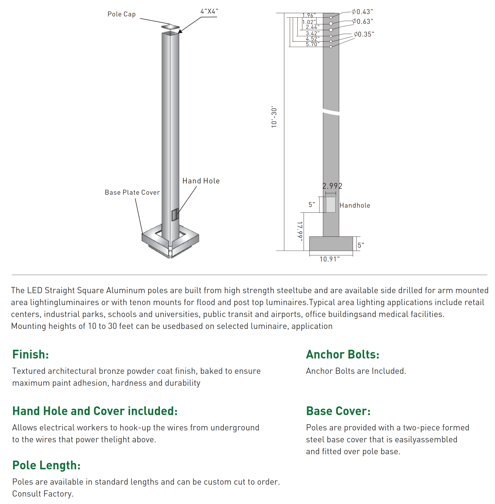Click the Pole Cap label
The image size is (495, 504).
pos(121,14)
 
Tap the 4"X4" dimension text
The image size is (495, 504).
pos(209,11)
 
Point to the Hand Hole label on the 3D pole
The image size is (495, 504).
pos(201,181)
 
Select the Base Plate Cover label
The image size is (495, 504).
pos(132,192)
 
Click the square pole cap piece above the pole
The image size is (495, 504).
pos(170,27)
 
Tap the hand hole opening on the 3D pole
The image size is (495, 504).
pos(175,215)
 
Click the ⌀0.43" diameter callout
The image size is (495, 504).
pos(362,12)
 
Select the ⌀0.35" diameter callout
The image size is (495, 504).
pos(364,34)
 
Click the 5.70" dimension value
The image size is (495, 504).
pos(312,44)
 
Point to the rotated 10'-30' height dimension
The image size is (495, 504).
pos(274,117)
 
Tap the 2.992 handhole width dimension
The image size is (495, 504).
pos(332,186)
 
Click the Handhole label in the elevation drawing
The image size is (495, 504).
pos(355,205)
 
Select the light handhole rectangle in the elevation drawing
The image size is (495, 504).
pos(331,204)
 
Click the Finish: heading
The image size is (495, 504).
pos(31,354)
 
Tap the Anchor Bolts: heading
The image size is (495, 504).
pos(342,354)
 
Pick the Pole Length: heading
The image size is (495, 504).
pos(47,465)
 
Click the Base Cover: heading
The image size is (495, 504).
pos(338,411)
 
